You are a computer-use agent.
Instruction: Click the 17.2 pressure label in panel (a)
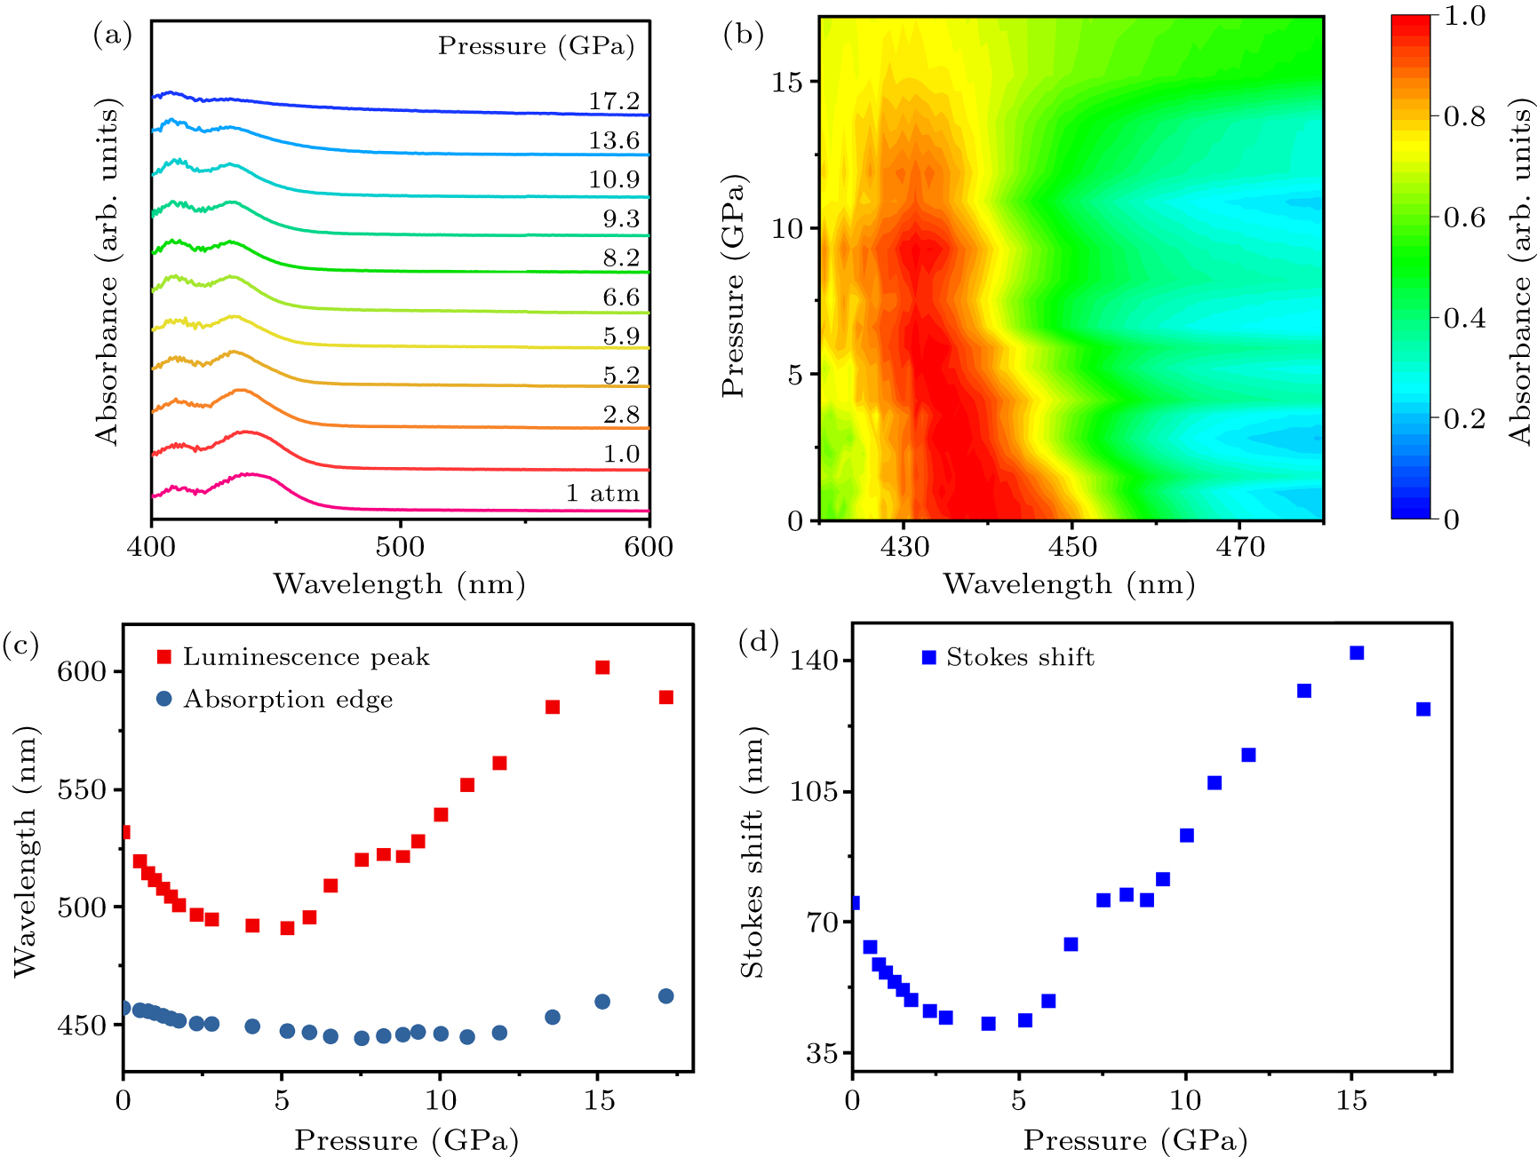click(614, 101)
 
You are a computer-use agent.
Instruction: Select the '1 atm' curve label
click(602, 493)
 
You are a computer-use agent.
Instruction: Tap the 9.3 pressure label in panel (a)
click(621, 218)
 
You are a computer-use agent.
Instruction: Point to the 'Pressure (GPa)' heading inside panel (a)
click(536, 46)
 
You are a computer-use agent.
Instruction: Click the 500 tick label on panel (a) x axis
click(400, 547)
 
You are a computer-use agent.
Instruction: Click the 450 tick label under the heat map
click(1072, 547)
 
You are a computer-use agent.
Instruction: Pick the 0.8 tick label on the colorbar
click(1464, 116)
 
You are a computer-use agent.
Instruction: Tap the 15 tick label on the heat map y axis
click(787, 83)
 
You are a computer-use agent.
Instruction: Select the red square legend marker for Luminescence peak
click(164, 657)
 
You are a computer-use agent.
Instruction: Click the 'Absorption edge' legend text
click(288, 700)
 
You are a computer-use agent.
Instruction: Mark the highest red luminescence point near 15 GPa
click(602, 668)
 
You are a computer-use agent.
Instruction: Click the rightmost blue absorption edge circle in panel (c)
click(666, 996)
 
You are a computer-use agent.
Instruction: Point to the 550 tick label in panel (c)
click(82, 789)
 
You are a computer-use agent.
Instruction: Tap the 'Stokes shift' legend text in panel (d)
click(1020, 657)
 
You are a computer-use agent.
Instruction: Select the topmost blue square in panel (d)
click(1357, 654)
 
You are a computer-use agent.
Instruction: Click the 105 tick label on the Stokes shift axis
click(815, 791)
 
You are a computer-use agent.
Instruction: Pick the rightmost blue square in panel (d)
click(1423, 709)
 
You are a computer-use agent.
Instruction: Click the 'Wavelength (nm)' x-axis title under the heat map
click(1069, 584)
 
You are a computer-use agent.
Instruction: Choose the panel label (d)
click(758, 641)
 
